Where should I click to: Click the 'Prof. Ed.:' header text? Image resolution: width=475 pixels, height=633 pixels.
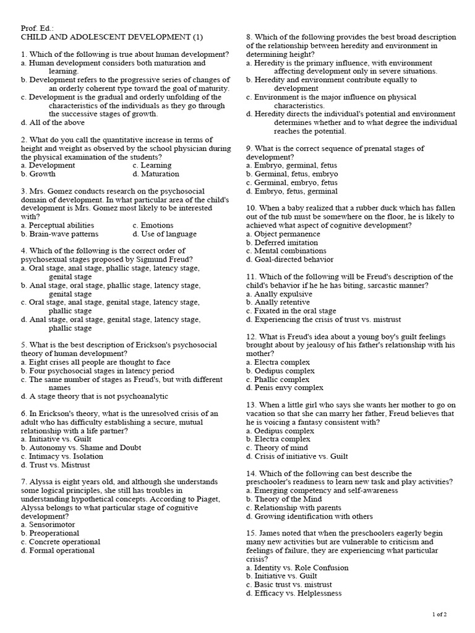point(37,28)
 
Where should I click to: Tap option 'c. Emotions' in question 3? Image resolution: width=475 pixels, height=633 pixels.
point(153,226)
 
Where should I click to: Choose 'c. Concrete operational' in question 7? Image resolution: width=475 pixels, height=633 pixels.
point(60,542)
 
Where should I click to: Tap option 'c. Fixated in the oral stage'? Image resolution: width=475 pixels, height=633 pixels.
point(291,311)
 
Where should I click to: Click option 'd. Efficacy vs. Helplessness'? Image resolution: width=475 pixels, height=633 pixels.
point(293,593)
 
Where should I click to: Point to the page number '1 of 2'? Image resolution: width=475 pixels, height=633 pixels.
point(439,614)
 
